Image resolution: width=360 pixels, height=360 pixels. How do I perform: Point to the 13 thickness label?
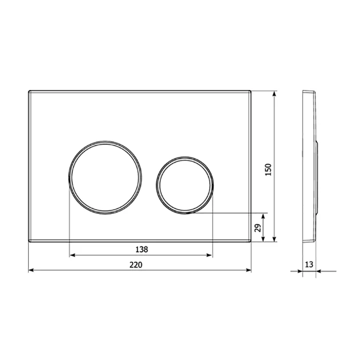coord(309,264)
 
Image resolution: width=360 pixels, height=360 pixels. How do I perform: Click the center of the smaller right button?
coord(184,183)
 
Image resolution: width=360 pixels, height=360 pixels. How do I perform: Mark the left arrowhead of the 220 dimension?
coord(30,269)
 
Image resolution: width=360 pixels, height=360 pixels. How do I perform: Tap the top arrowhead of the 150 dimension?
coord(275,94)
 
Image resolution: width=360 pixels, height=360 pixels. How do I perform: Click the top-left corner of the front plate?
coord(29,92)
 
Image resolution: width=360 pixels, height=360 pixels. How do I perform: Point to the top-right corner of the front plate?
coord(250,92)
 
